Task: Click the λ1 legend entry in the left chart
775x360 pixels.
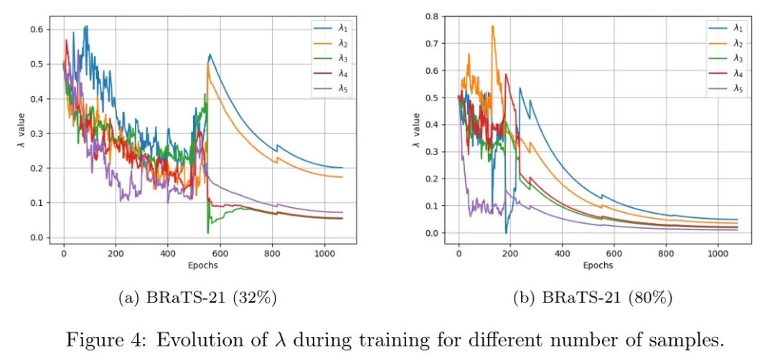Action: (x=334, y=27)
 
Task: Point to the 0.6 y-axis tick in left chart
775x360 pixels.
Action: (x=36, y=29)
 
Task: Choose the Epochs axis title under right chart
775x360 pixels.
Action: (x=598, y=265)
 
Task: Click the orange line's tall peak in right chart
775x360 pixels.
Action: (x=492, y=27)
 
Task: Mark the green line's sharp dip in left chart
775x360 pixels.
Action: (x=208, y=232)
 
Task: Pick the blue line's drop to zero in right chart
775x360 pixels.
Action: (x=506, y=232)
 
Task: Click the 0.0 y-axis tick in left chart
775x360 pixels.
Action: (x=36, y=238)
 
